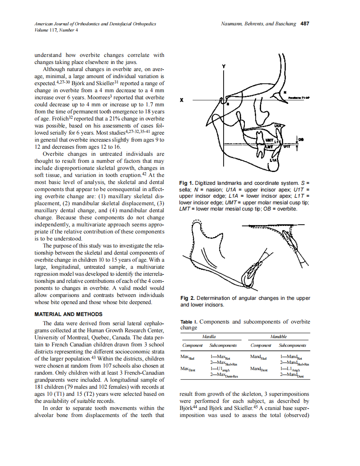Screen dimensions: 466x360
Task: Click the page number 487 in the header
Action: tap(305, 24)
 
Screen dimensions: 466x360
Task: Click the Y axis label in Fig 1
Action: tap(223, 66)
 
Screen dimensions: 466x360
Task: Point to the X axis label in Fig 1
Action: tap(182, 100)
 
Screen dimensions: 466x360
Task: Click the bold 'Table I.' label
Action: tap(189, 322)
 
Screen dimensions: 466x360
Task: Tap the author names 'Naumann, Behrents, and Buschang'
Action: tap(258, 24)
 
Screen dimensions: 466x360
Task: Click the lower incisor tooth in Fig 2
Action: tap(250, 274)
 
